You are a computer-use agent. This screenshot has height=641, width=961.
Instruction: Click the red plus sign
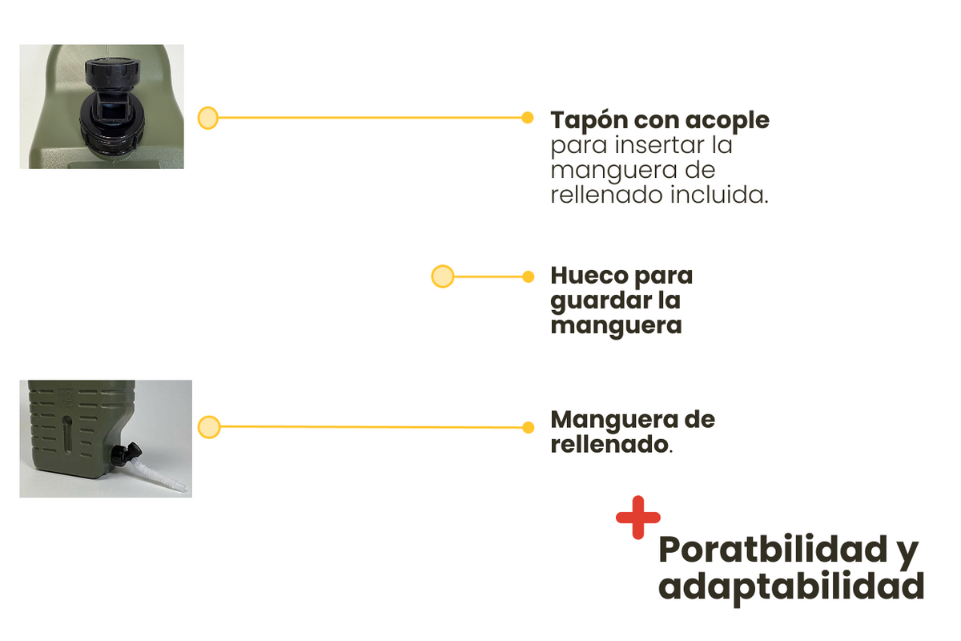(x=638, y=518)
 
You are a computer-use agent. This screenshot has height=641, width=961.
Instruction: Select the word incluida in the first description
(x=718, y=195)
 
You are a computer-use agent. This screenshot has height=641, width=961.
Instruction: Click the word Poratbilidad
(x=773, y=550)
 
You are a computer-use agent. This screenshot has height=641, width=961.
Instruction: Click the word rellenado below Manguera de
(x=609, y=445)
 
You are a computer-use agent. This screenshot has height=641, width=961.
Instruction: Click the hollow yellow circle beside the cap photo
(x=208, y=118)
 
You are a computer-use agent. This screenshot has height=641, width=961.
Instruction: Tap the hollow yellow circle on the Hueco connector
(x=442, y=276)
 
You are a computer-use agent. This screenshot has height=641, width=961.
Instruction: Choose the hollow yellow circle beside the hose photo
(x=209, y=427)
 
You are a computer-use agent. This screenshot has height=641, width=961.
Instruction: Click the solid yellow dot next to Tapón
(x=528, y=118)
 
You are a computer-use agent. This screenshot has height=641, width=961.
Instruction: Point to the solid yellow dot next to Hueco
(x=528, y=276)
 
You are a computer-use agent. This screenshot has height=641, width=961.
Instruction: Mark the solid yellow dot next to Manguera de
(x=528, y=427)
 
